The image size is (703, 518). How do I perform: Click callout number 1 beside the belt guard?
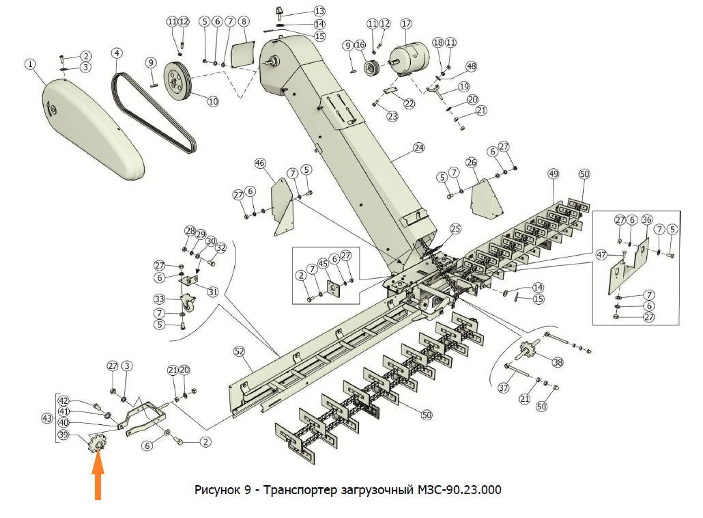pyautogui.click(x=30, y=64)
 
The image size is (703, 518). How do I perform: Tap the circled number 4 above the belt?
pyautogui.click(x=117, y=53)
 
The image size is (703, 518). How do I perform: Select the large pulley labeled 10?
pyautogui.click(x=176, y=81)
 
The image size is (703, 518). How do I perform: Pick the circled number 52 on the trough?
pyautogui.click(x=239, y=351)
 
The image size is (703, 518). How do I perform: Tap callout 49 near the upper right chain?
pyautogui.click(x=553, y=174)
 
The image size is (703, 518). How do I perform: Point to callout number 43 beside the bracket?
pyautogui.click(x=47, y=418)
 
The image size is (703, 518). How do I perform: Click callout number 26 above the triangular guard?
pyautogui.click(x=472, y=163)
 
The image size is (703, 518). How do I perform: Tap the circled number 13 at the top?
pyautogui.click(x=319, y=11)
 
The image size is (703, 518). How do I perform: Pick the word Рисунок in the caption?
pyautogui.click(x=216, y=490)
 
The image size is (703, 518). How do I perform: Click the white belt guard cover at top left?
pyautogui.click(x=91, y=126)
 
